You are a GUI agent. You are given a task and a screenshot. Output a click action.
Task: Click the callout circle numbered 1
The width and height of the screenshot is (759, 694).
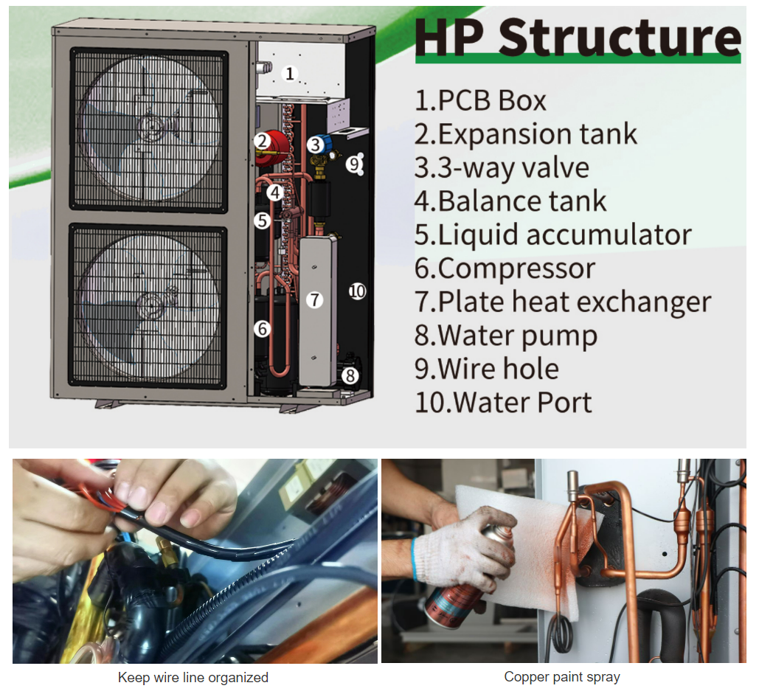tap(289, 74)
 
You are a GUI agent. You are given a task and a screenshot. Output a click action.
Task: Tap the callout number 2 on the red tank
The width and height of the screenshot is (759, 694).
tap(263, 142)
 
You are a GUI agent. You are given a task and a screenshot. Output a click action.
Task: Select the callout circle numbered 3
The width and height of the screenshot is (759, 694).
tap(315, 145)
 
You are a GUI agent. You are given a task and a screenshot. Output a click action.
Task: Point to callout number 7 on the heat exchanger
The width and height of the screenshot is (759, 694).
tap(315, 299)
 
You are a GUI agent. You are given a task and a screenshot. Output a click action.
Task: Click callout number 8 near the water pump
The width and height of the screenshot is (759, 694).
tap(350, 375)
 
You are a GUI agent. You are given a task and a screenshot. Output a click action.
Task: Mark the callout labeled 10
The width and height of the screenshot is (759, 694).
tap(357, 291)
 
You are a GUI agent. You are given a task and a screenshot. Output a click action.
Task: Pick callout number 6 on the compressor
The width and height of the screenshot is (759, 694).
tap(263, 329)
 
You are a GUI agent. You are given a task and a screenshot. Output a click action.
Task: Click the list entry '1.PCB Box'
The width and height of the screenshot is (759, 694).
tap(480, 100)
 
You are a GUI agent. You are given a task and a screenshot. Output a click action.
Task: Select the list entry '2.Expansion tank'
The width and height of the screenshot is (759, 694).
tap(526, 134)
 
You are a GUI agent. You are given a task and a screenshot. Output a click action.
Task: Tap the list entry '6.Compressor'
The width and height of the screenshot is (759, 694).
tap(505, 269)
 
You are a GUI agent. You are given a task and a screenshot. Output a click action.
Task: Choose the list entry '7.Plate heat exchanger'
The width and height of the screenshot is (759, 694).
tap(563, 302)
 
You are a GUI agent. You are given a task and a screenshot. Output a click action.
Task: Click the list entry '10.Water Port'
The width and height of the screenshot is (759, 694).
tap(503, 403)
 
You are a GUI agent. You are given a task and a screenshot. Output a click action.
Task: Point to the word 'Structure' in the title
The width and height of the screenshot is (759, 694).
tap(620, 38)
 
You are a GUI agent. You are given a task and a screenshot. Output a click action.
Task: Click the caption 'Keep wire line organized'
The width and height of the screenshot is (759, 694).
tap(193, 678)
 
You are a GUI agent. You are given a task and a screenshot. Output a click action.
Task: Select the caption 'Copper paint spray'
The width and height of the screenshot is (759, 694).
tap(562, 677)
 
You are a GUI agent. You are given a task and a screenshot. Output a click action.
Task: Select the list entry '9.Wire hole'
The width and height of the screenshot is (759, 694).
tap(487, 369)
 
